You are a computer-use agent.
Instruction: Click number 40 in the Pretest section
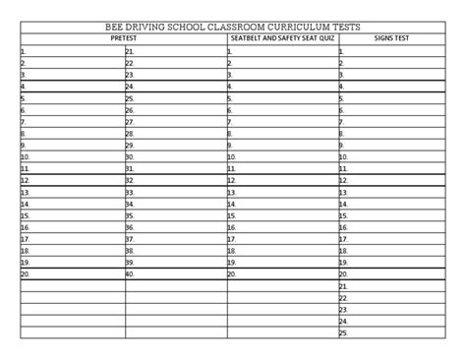point(130,274)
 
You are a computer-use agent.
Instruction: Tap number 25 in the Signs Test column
point(344,332)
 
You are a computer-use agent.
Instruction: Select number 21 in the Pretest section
point(130,50)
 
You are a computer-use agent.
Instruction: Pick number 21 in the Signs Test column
point(344,286)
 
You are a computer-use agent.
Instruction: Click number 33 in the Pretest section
point(130,192)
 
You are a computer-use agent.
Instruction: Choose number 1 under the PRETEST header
point(23,50)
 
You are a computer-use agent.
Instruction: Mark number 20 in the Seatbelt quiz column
point(233,274)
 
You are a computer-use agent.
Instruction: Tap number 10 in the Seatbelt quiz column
point(233,156)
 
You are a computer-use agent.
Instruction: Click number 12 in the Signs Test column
point(344,180)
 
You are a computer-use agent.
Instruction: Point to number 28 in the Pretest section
point(130,133)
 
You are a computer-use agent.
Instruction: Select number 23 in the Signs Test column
point(344,309)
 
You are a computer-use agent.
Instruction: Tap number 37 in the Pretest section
point(130,239)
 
